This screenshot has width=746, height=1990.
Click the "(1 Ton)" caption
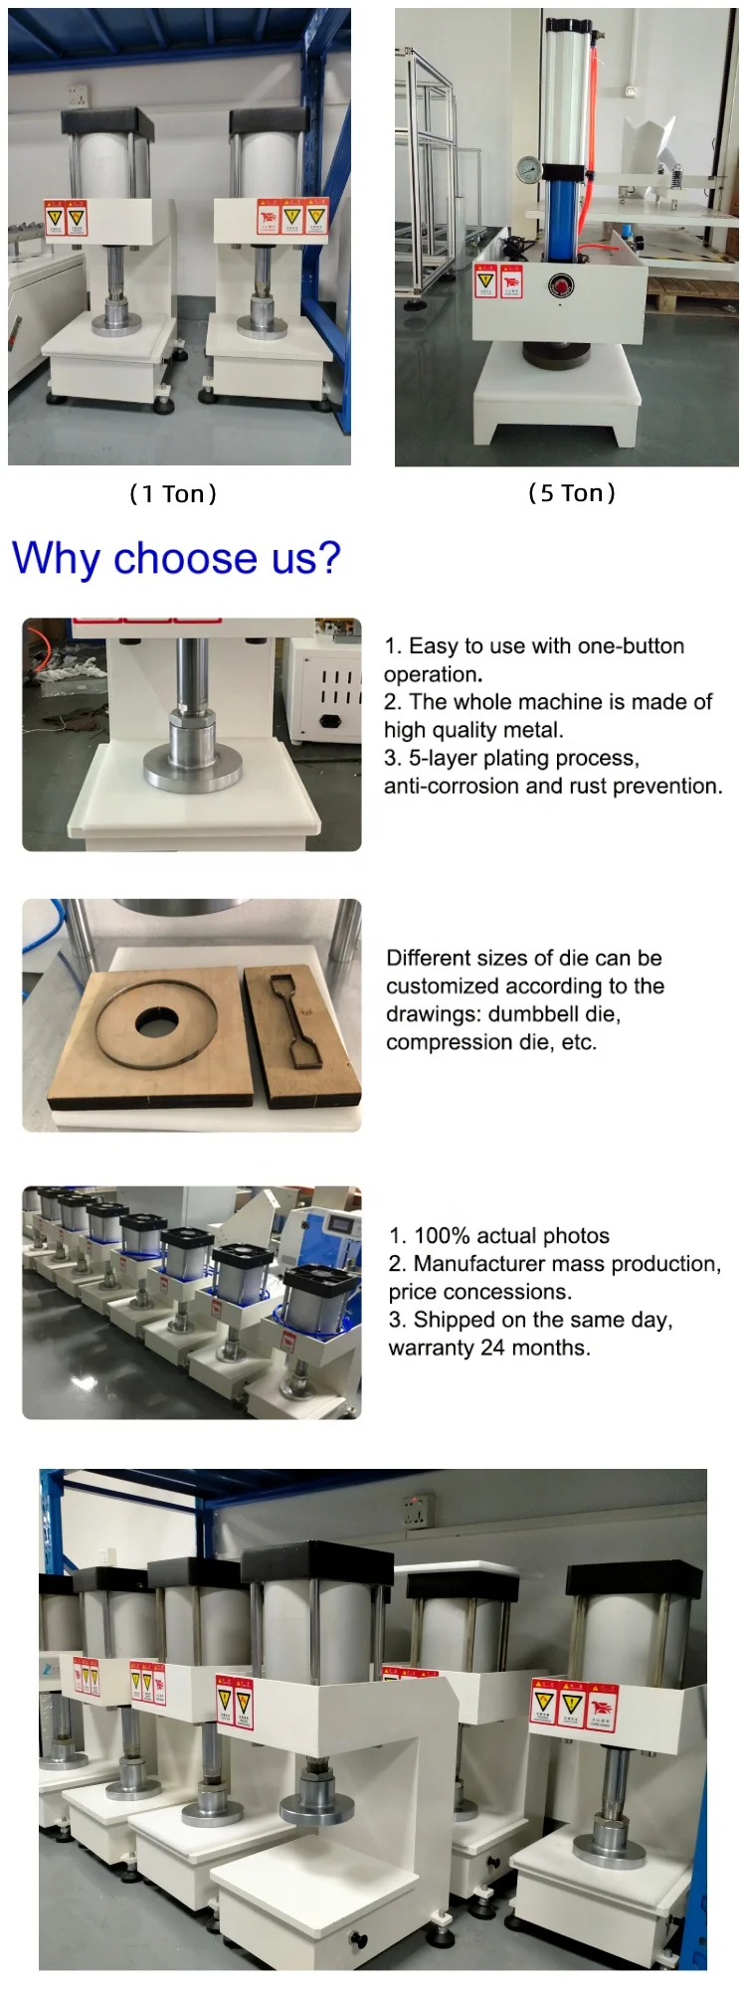click(173, 494)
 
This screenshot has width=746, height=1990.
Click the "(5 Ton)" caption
click(571, 493)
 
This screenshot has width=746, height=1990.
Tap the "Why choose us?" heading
click(176, 558)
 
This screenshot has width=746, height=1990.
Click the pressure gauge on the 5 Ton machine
click(527, 170)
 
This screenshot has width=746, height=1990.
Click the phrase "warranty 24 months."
click(489, 1349)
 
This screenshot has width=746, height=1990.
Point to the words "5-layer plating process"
click(523, 759)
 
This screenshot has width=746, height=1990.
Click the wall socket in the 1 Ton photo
click(78, 95)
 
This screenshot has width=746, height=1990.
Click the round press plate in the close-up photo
click(194, 770)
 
